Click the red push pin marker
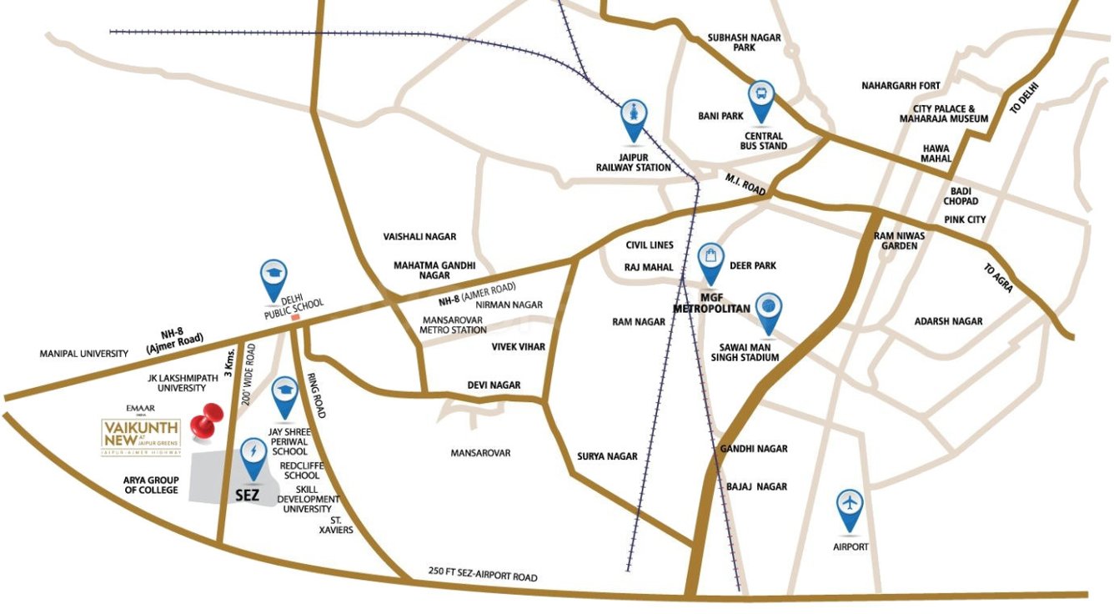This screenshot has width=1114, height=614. coord(205,422)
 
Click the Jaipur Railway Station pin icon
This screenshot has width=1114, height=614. coord(634,118)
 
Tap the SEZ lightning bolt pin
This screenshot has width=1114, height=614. coord(252,456)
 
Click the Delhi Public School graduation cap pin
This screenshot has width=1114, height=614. coord(272,277)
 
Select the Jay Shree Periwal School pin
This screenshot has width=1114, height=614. coord(285,394)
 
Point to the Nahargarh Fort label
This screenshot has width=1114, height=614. coord(901,86)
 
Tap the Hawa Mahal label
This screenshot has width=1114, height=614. coord(936,153)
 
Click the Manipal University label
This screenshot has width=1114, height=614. coord(84,354)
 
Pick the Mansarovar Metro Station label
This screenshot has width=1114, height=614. coord(454,325)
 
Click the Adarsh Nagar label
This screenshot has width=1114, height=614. coord(948,321)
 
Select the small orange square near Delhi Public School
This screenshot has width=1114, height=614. coord(294,316)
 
